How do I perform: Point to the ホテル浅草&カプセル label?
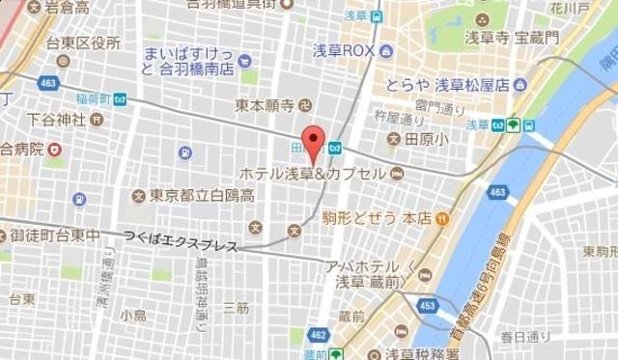[x=317, y=174]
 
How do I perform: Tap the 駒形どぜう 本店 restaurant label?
[x=381, y=218]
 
